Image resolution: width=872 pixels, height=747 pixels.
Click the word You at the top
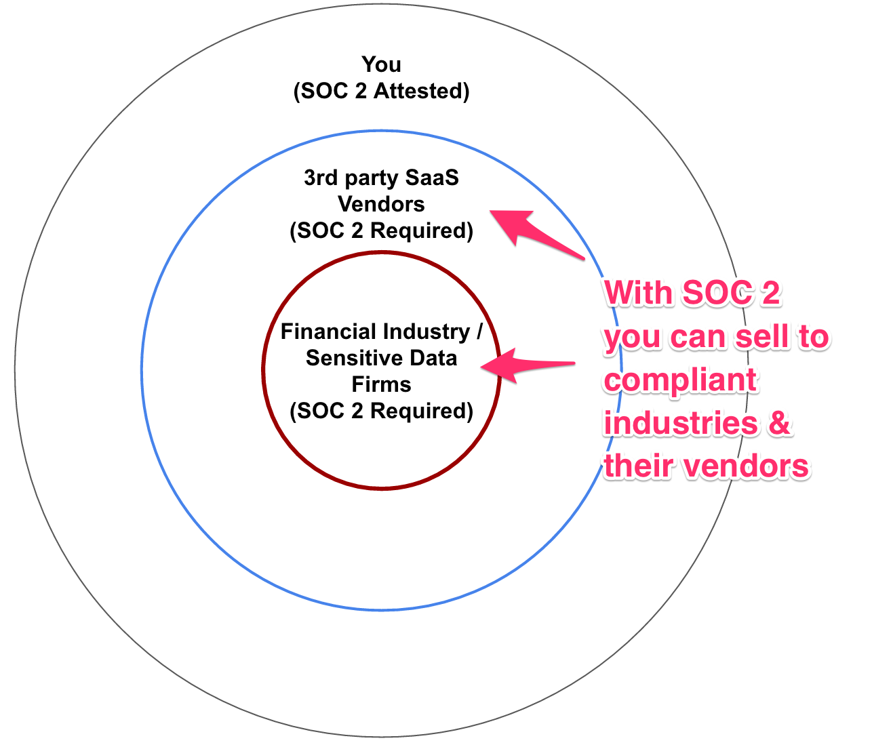(381, 64)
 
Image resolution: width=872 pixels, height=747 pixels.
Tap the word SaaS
(432, 178)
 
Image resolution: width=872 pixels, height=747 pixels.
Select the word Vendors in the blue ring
(381, 204)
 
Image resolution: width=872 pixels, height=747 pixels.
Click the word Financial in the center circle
(328, 331)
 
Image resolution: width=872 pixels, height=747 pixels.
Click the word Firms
(381, 384)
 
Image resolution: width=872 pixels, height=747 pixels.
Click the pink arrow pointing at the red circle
(526, 367)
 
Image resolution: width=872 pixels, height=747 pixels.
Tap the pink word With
(639, 294)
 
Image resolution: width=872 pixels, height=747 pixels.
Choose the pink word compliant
(680, 380)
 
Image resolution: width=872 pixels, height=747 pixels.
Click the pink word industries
(681, 423)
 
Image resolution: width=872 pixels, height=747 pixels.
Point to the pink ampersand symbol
(780, 423)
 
